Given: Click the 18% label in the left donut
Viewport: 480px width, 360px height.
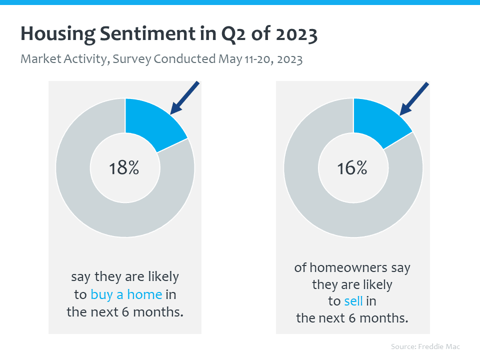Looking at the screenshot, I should coord(124,168).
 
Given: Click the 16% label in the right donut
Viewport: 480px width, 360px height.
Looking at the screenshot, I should coord(352,168).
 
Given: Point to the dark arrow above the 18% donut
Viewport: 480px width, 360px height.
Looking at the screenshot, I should coord(185,97).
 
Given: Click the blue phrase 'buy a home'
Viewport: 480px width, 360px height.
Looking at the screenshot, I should coord(126,294).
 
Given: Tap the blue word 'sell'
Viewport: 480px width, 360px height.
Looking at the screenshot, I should coord(354,301).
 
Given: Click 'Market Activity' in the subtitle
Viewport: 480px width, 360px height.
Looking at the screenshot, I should coord(63,59).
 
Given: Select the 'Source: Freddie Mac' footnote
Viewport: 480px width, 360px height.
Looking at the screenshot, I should coord(425,346).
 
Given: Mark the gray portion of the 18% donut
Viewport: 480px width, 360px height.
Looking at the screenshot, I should coord(90,210).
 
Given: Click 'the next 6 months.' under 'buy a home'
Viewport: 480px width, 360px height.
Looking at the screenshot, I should coord(125,312).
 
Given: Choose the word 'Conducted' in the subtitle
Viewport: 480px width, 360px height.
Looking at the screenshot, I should coord(184,59).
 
